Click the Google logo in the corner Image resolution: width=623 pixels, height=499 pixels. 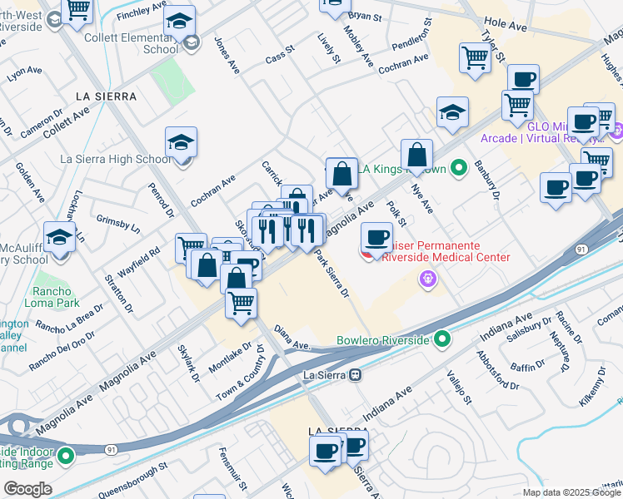pos(27,489)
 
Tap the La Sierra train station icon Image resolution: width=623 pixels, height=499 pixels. pos(356,374)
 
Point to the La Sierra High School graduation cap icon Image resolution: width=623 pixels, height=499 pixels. pos(181,142)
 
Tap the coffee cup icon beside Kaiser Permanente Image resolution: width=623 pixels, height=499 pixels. pos(377,238)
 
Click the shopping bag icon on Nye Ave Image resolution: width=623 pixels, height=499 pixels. pos(416,155)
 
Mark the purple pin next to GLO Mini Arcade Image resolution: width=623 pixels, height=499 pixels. pos(617,132)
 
